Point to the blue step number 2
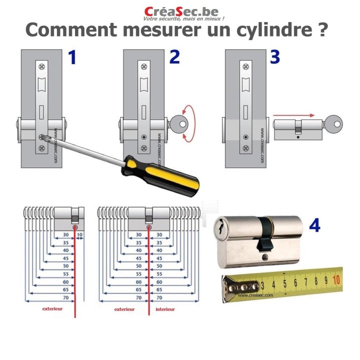point(174,58)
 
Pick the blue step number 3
point(275,57)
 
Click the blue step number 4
point(314,225)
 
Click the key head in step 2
point(178,123)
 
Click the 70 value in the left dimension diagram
point(65,297)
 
